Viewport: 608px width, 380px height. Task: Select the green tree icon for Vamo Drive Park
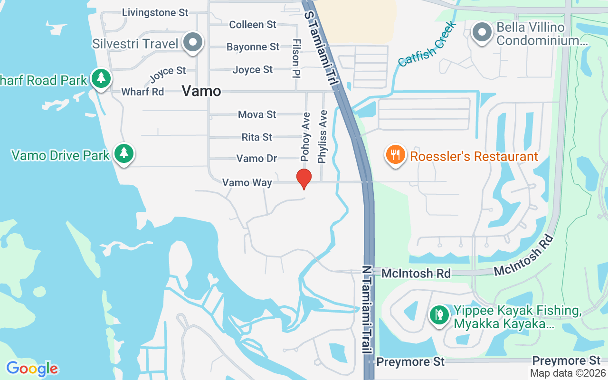tap(124, 153)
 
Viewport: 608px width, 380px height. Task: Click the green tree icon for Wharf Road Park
tap(101, 77)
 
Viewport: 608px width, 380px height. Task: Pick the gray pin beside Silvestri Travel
tap(193, 42)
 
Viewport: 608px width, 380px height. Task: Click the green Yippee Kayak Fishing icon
tap(439, 314)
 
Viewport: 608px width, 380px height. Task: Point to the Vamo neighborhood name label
tap(201, 91)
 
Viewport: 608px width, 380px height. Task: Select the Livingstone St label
tap(155, 12)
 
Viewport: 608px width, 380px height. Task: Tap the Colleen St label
tap(253, 24)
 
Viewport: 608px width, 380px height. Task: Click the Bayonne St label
tap(253, 47)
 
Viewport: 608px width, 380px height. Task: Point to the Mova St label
tap(257, 114)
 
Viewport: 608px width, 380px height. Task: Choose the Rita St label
tap(257, 137)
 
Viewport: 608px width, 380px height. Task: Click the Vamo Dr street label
tap(257, 158)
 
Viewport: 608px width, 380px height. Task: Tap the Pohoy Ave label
tap(306, 136)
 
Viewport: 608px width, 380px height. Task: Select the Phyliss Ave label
tap(323, 137)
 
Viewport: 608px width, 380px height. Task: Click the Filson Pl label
tap(296, 58)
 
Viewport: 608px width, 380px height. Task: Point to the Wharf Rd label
tap(142, 92)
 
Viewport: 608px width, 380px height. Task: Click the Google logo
tap(32, 369)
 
